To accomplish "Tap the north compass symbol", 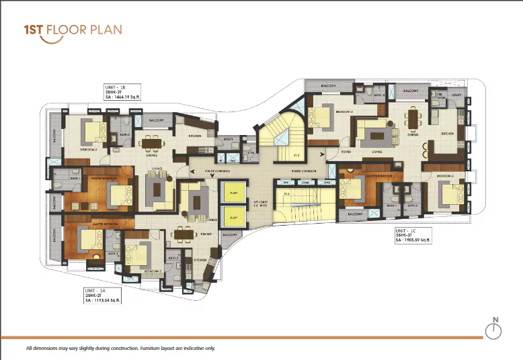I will coord(494,328).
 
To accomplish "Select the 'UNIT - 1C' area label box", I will coord(414,234).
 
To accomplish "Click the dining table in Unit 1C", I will coord(412,120).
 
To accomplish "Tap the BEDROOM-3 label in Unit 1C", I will coord(346,111).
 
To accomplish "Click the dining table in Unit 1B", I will coord(150,142).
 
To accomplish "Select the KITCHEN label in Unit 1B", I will coord(195,136).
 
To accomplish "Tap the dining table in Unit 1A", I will coord(183,234).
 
